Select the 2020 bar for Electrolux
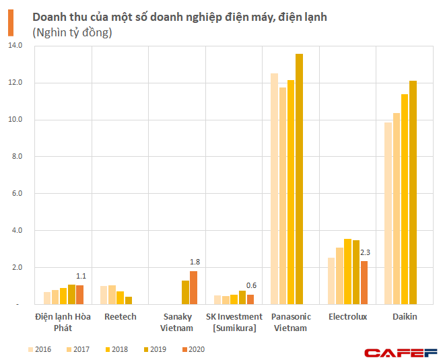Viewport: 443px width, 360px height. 364,283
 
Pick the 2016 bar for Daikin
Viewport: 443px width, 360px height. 388,213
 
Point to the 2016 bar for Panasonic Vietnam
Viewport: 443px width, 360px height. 275,188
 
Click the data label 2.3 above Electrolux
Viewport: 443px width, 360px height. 366,252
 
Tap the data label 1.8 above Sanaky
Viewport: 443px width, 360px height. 195,262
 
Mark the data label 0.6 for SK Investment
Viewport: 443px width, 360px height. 252,285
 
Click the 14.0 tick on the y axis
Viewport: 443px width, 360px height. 15,46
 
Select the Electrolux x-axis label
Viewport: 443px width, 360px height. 348,316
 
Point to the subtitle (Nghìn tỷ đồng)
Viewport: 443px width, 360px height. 72,32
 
